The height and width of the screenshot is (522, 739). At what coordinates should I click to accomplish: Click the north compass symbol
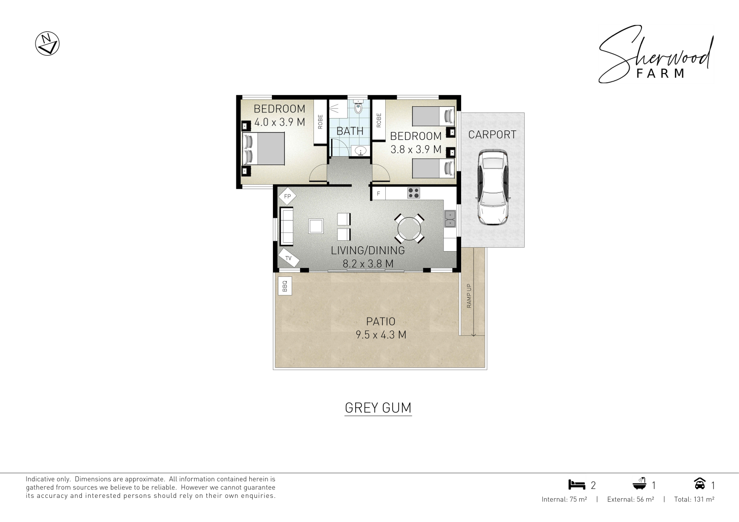click(x=47, y=43)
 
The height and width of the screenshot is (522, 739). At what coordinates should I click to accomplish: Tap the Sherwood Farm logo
click(x=656, y=54)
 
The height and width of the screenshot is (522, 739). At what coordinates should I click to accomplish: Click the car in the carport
click(x=493, y=187)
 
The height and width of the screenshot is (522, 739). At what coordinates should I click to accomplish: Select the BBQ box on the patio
click(x=285, y=286)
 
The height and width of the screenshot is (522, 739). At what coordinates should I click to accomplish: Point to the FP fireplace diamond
click(x=287, y=196)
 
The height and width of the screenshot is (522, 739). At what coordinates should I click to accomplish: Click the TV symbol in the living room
click(x=289, y=258)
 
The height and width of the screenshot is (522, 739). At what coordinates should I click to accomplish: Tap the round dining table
click(x=409, y=228)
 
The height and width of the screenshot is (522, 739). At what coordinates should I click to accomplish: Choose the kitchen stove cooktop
click(x=413, y=193)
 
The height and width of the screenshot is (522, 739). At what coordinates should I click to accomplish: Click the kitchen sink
click(x=450, y=219)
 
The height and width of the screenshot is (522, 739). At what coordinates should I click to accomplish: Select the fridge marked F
click(x=378, y=194)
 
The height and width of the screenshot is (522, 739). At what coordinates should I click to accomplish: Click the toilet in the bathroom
click(x=358, y=106)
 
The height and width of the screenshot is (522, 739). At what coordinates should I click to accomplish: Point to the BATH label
click(x=350, y=131)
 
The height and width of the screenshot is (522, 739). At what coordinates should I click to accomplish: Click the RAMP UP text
click(x=469, y=296)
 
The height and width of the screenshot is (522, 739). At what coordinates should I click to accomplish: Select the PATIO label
click(x=381, y=321)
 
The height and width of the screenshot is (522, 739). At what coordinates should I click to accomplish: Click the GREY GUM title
click(x=378, y=408)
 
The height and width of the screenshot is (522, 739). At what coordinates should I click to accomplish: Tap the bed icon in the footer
click(x=577, y=485)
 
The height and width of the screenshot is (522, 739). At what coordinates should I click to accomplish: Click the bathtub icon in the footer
click(x=639, y=484)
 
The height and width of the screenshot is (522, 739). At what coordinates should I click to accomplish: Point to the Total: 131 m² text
click(x=694, y=499)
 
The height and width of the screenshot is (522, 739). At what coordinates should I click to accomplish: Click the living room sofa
click(x=286, y=226)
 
